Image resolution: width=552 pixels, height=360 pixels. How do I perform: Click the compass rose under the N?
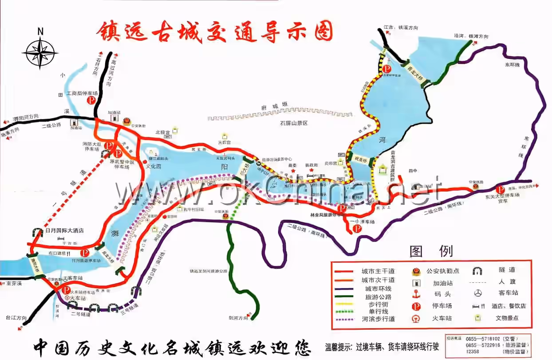click(x=40, y=53)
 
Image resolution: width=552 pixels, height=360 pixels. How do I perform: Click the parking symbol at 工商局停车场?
click(x=91, y=101)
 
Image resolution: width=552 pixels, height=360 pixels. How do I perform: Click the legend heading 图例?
click(x=431, y=251)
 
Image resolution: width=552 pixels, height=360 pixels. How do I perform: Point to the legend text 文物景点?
click(x=508, y=318)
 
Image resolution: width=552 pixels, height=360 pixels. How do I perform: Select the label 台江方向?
click(x=16, y=318)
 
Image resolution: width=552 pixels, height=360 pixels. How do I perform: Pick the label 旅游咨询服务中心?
click(x=277, y=159)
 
